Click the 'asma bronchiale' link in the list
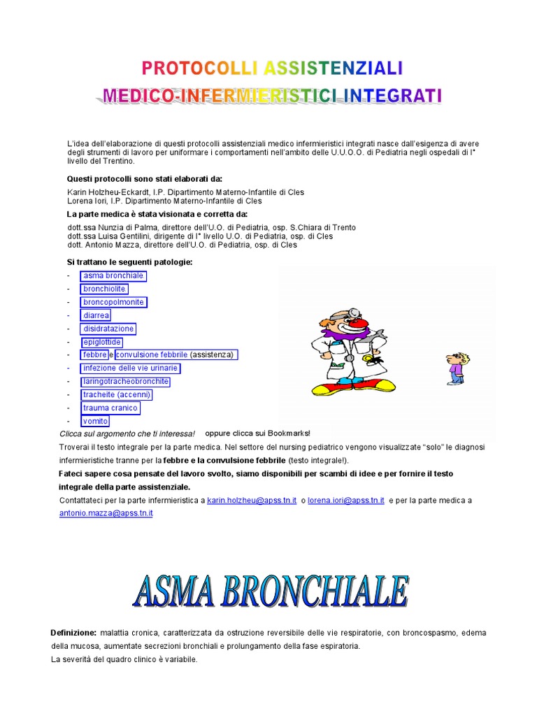[x=113, y=275]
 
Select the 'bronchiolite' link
[x=104, y=289]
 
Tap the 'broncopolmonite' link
[x=113, y=302]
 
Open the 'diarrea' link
[x=96, y=315]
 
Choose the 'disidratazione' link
[x=108, y=329]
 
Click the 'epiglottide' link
[x=102, y=342]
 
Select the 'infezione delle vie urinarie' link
[x=131, y=368]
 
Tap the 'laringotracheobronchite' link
[x=126, y=381]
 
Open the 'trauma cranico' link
[x=110, y=408]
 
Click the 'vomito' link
[x=96, y=421]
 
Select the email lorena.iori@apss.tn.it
[x=346, y=501]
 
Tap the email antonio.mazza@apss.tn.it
[x=106, y=513]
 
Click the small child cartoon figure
[x=455, y=368]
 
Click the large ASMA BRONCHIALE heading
[x=271, y=592]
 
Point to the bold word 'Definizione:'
[x=73, y=633]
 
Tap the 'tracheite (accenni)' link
[x=117, y=394]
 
